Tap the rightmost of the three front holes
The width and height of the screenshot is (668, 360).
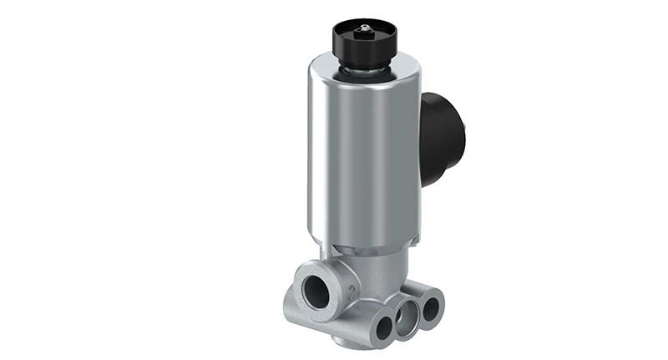430,309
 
